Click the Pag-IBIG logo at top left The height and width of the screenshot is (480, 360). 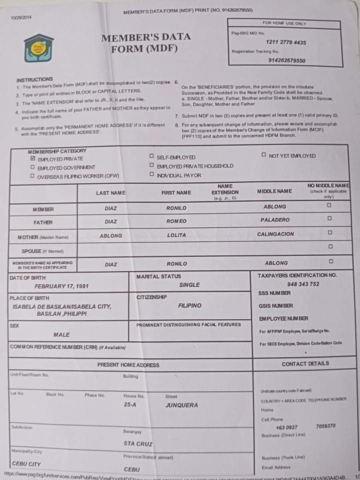click(38, 48)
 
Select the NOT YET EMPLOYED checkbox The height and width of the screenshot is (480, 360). click(263, 155)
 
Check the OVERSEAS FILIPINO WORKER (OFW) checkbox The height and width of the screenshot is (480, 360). click(33, 176)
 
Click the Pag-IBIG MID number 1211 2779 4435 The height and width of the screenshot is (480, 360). click(286, 42)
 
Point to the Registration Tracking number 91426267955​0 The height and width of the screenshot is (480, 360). click(286, 60)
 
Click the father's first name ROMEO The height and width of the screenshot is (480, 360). click(176, 221)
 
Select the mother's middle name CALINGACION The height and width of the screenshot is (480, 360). click(275, 234)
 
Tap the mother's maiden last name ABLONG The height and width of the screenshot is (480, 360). click(110, 235)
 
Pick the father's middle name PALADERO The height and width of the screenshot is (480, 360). click(274, 220)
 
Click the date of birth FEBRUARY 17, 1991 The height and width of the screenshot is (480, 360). click(61, 286)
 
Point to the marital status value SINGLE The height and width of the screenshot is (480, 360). click(189, 284)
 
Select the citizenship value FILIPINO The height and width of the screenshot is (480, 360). click(189, 305)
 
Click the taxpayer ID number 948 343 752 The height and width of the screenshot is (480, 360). click(303, 284)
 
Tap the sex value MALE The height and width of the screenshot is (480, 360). click(61, 334)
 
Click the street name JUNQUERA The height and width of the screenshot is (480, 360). click(181, 405)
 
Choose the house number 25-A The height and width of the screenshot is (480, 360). click(130, 405)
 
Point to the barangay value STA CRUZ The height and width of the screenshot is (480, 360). click(138, 443)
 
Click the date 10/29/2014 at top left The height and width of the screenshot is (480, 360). click(21, 17)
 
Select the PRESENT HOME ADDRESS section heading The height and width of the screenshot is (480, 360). click(128, 365)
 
